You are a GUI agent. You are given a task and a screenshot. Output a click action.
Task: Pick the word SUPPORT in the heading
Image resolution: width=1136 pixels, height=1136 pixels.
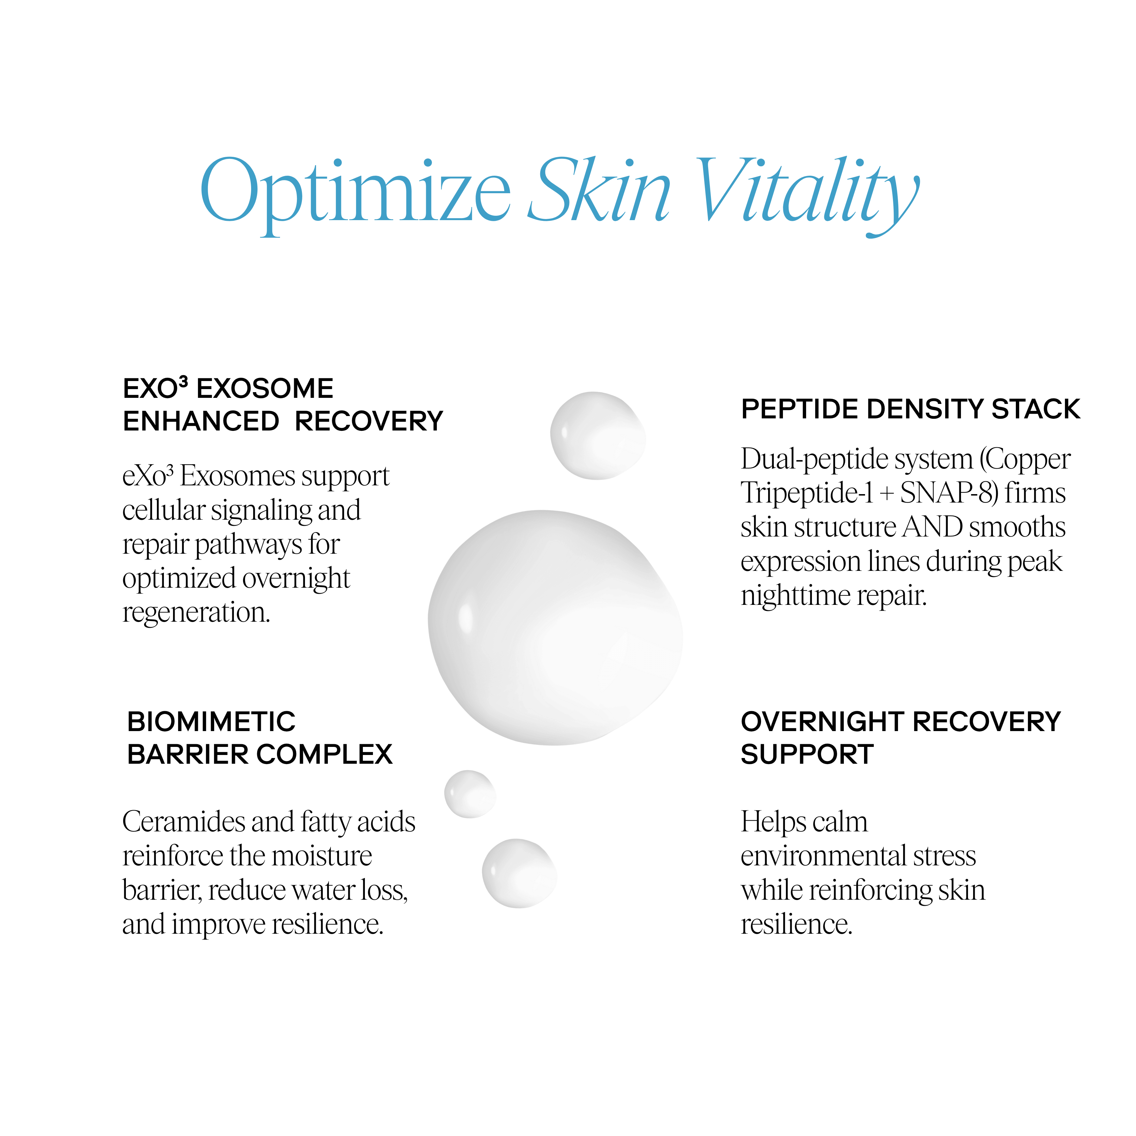pos(807,754)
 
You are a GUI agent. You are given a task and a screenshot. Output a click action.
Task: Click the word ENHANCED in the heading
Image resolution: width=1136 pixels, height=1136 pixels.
pos(201,422)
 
